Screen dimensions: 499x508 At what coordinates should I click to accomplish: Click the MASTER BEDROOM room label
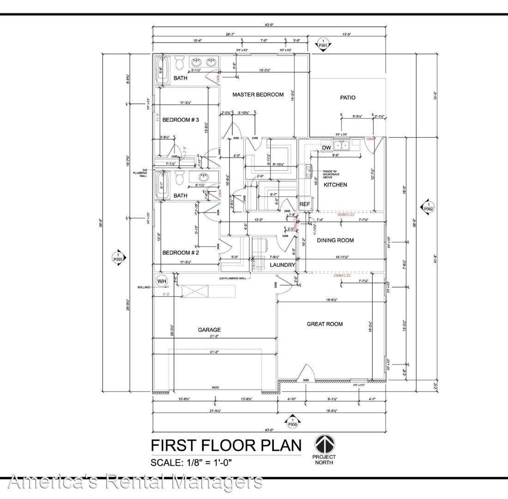click(258, 95)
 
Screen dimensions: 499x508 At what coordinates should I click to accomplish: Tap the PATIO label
click(348, 97)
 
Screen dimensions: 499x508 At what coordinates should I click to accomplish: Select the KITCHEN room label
click(335, 185)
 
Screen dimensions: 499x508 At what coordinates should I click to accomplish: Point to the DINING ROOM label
click(335, 240)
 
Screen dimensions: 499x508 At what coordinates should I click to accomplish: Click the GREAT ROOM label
click(325, 324)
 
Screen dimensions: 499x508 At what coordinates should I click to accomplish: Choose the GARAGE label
click(210, 330)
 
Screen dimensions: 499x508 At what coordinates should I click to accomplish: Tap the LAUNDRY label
click(283, 265)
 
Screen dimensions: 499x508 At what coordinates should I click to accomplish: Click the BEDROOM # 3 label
click(180, 120)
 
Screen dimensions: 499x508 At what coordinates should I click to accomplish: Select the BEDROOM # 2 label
click(180, 253)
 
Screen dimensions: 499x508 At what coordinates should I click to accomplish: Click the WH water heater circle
click(162, 281)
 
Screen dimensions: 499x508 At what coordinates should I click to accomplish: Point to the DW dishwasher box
click(327, 148)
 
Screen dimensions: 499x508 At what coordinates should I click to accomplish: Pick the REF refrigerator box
click(304, 204)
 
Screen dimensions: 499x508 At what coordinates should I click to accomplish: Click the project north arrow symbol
click(325, 444)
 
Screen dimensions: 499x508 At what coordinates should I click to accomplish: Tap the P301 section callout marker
click(323, 44)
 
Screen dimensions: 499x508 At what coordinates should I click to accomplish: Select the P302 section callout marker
click(428, 207)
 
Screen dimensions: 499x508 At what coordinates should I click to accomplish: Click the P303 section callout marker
click(118, 257)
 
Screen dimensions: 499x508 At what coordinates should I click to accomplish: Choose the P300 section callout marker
click(292, 422)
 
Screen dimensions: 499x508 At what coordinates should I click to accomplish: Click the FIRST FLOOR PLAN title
click(226, 445)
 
